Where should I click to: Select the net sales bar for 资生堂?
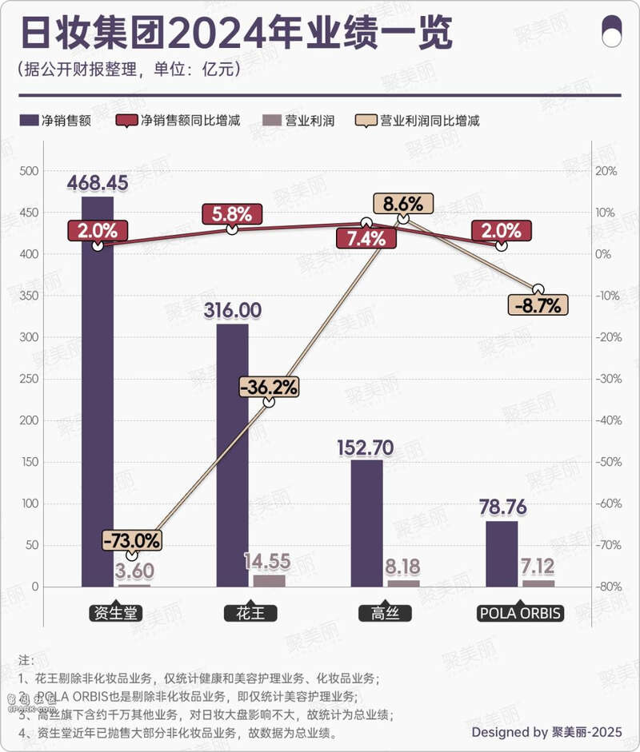(98, 400)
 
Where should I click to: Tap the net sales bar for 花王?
(232, 464)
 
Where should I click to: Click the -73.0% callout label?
(132, 540)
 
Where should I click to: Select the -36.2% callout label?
(269, 388)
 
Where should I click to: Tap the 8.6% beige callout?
(403, 204)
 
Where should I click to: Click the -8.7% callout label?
(538, 304)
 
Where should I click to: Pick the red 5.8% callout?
(232, 214)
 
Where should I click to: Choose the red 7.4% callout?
(366, 237)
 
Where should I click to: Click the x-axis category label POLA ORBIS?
(520, 614)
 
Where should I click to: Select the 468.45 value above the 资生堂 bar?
(98, 184)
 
